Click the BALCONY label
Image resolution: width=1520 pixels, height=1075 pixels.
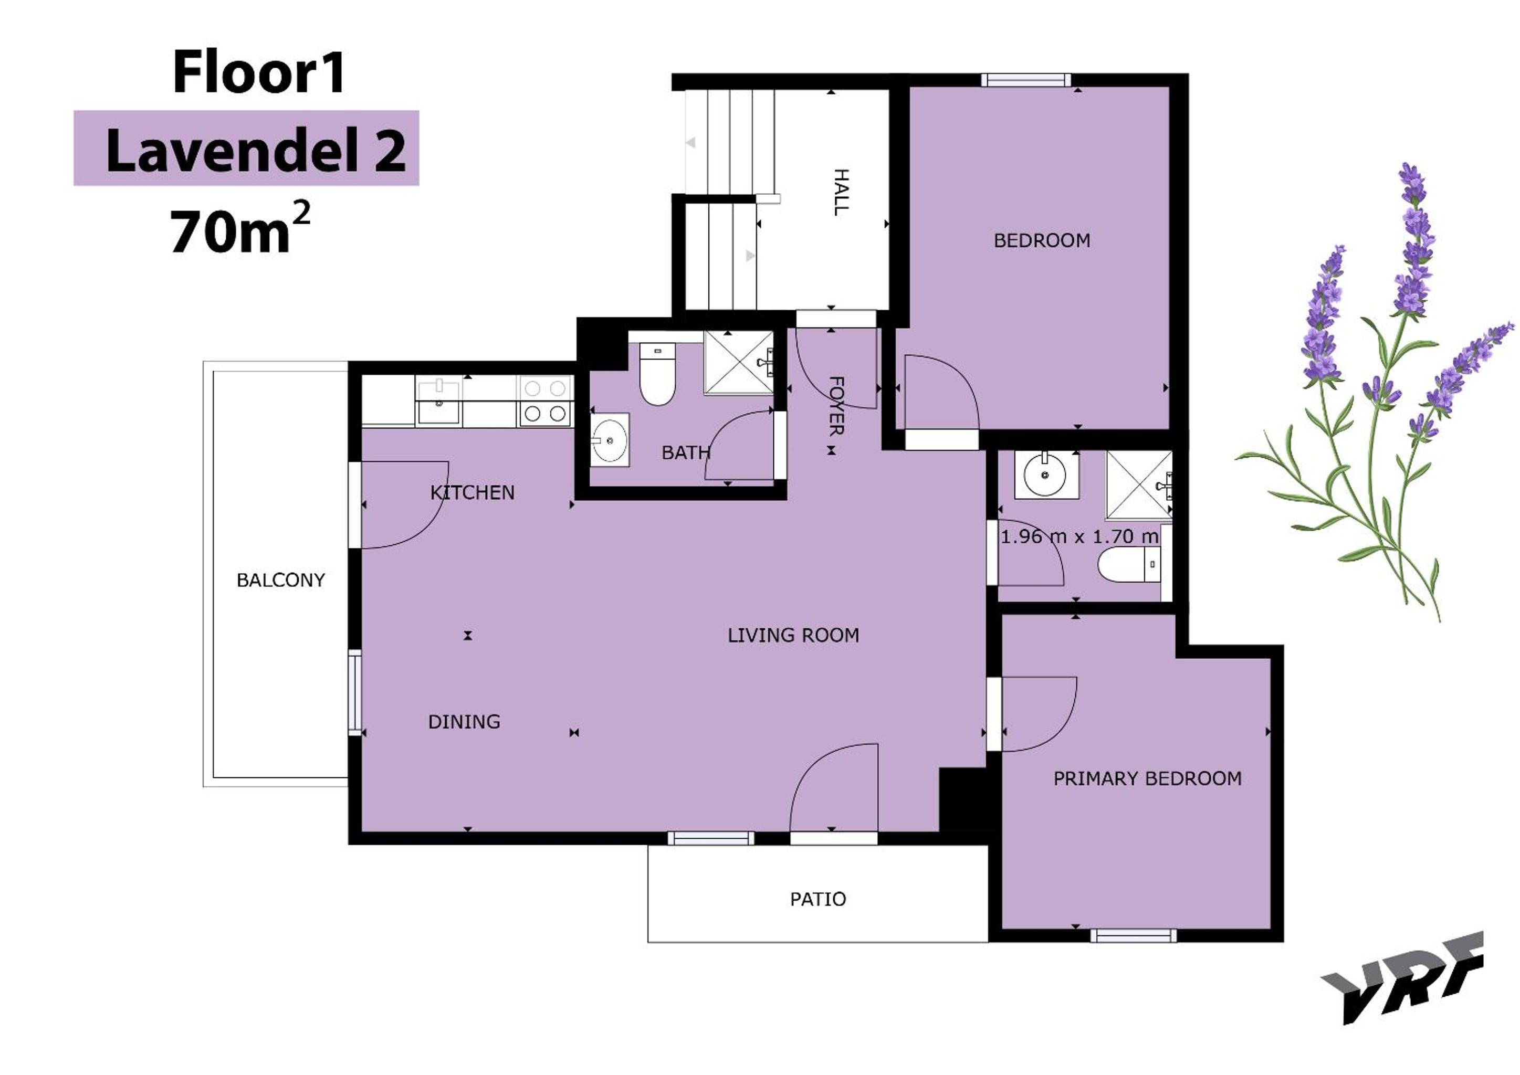(x=281, y=581)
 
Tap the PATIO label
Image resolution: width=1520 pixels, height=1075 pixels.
(x=817, y=899)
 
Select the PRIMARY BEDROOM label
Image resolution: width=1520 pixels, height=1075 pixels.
(x=1147, y=778)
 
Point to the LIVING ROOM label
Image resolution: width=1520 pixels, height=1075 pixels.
(x=793, y=636)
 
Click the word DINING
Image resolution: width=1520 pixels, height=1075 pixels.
(x=464, y=722)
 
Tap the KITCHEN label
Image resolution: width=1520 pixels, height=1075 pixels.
(x=472, y=492)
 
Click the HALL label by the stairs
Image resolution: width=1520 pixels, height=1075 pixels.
(x=841, y=192)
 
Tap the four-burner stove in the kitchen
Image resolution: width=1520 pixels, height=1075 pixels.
(x=546, y=401)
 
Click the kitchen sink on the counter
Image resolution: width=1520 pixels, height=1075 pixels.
(x=438, y=401)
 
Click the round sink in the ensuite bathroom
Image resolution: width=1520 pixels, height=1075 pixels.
(x=1045, y=474)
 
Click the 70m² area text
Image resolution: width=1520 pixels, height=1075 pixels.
(x=239, y=228)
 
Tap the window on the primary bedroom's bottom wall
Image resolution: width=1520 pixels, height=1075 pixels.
(x=1134, y=935)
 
